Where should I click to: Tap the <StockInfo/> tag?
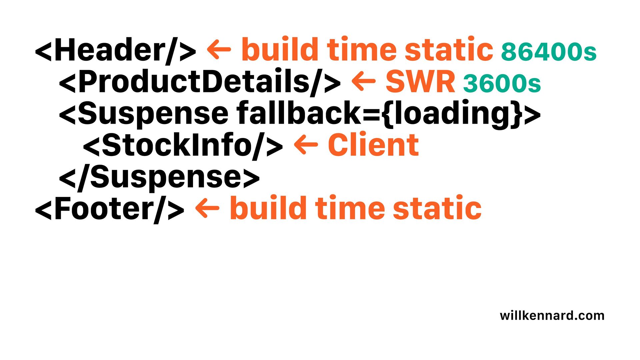[183, 145]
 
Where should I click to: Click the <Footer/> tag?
[109, 209]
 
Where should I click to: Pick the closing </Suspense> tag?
[159, 177]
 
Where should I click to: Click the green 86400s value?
[549, 52]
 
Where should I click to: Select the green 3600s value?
[502, 83]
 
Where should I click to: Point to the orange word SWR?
[420, 82]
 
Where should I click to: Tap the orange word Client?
[373, 145]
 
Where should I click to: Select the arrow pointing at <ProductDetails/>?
[364, 81]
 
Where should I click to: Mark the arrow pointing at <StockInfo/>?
[306, 145]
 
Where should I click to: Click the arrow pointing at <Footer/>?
[207, 208]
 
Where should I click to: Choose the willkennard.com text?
[552, 315]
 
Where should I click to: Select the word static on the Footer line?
[437, 208]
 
